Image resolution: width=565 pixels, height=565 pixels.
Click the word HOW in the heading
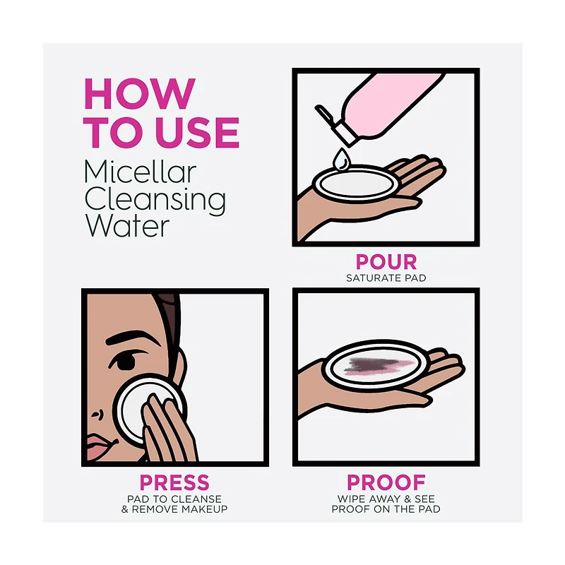click(x=139, y=93)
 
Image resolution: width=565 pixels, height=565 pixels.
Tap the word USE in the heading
click(x=199, y=132)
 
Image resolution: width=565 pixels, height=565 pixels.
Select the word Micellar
click(x=140, y=172)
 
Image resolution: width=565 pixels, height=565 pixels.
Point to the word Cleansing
click(x=155, y=201)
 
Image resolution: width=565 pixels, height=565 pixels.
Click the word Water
click(x=127, y=226)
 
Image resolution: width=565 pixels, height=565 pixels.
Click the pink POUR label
click(x=386, y=262)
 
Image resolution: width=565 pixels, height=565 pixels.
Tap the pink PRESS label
click(x=174, y=482)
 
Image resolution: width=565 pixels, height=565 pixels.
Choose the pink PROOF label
click(x=386, y=482)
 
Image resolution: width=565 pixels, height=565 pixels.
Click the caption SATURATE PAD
click(x=386, y=278)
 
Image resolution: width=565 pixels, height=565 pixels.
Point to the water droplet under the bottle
click(x=341, y=158)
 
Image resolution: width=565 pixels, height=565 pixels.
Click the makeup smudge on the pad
click(x=378, y=367)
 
